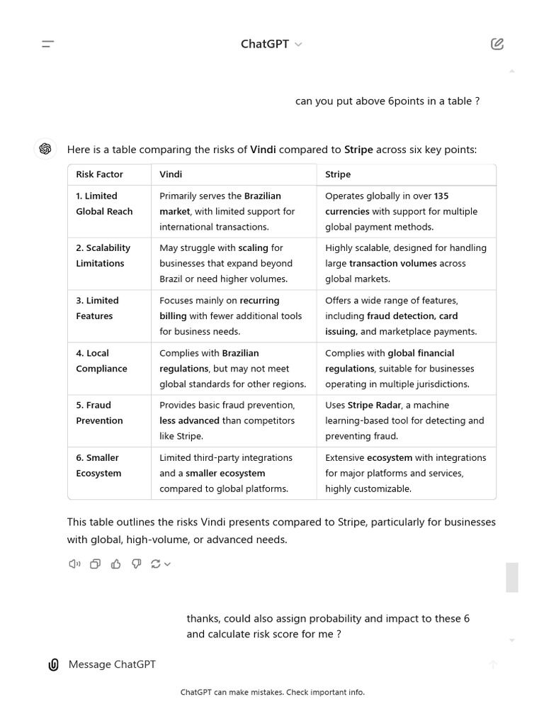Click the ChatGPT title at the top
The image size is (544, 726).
click(x=265, y=44)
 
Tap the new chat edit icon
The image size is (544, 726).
click(x=497, y=44)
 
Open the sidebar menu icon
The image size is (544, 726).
click(x=47, y=44)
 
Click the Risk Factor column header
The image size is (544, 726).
click(x=99, y=174)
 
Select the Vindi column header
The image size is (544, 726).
click(x=171, y=174)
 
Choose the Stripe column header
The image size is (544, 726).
click(x=338, y=174)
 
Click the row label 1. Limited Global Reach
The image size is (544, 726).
click(x=104, y=203)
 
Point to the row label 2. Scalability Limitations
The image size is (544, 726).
click(x=103, y=255)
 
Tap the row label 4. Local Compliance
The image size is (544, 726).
click(x=101, y=361)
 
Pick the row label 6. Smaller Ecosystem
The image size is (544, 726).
click(x=98, y=465)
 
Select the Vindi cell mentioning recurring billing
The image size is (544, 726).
click(x=232, y=316)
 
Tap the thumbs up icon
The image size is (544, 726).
click(x=115, y=564)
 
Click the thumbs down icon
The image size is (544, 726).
click(x=136, y=564)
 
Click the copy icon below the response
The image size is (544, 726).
click(x=95, y=564)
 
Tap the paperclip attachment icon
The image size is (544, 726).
click(x=53, y=664)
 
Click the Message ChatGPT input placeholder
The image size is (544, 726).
click(x=112, y=664)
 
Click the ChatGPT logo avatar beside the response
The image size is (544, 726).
click(x=45, y=149)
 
